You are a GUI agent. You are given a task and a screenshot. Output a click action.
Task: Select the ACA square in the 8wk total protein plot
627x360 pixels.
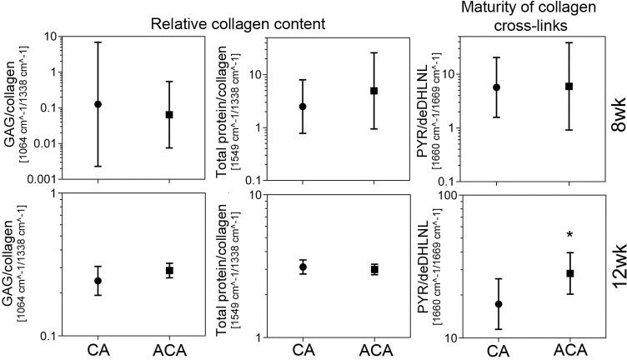tap(374, 90)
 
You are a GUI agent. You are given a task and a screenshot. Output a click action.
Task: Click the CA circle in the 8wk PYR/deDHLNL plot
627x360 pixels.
tap(497, 87)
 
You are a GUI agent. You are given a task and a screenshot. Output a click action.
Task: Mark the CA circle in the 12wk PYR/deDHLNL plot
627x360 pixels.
tap(499, 304)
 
